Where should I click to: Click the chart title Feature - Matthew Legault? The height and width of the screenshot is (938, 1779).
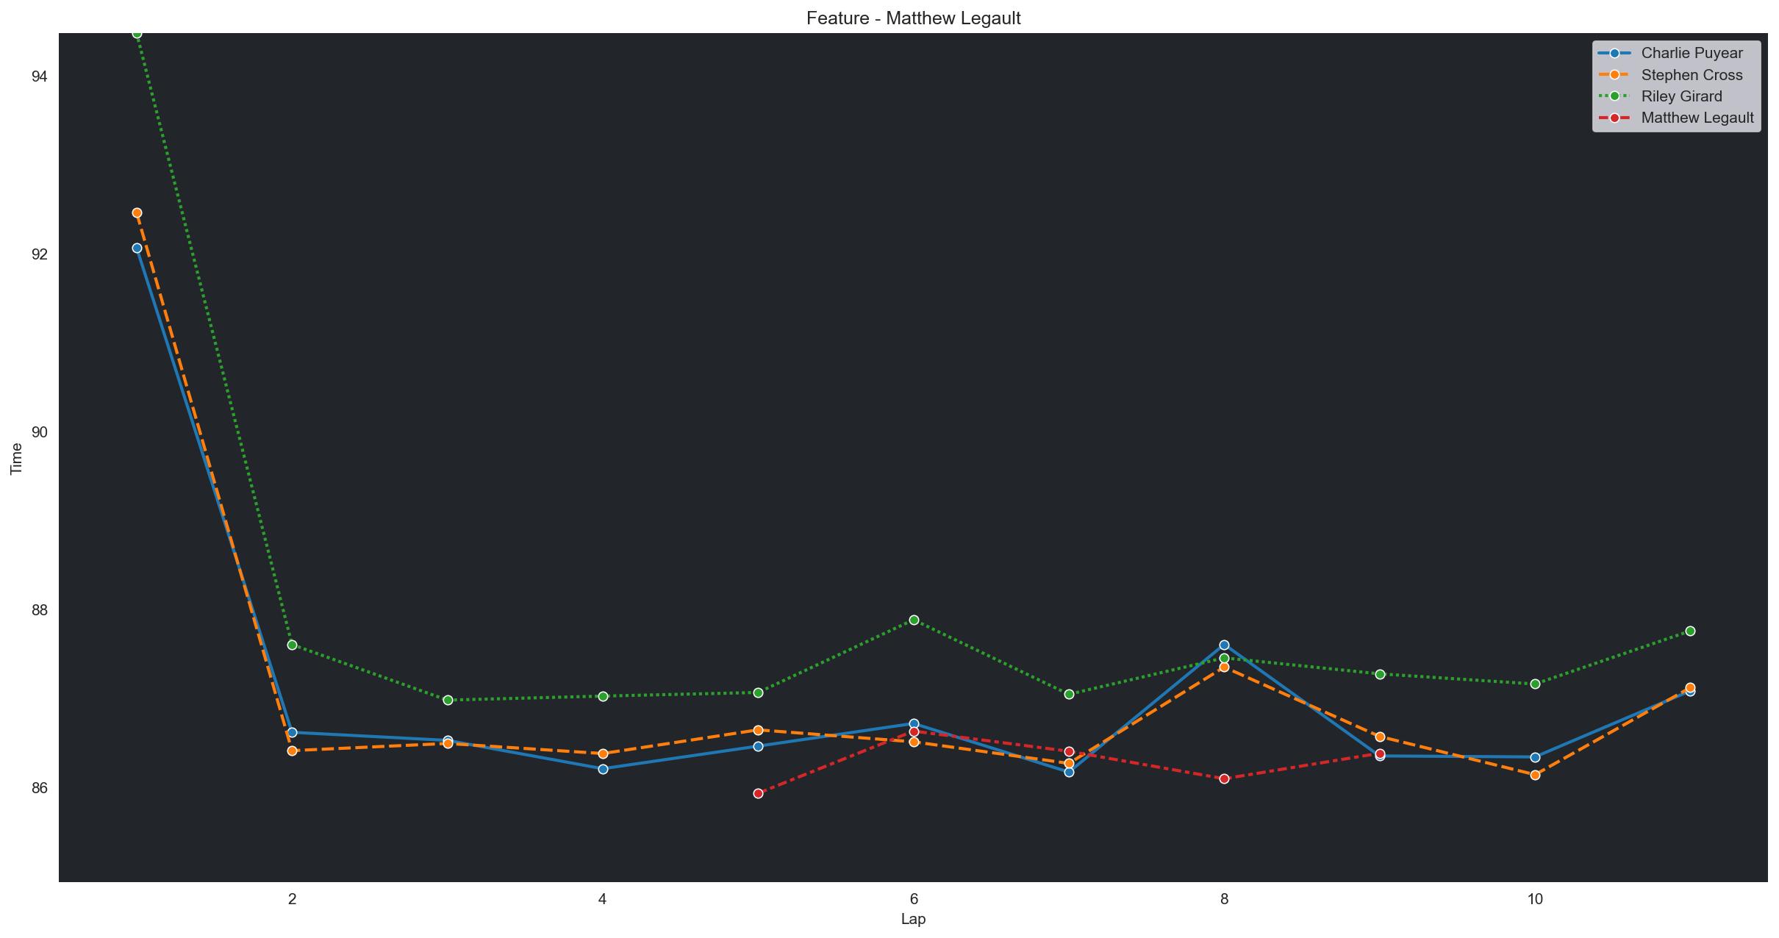tap(913, 18)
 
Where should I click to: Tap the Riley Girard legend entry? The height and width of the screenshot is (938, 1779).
tap(1681, 96)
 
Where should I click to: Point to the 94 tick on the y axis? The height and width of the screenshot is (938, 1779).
tap(40, 76)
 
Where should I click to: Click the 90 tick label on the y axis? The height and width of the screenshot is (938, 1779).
tap(40, 432)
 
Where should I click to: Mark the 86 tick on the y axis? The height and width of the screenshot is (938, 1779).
tap(40, 788)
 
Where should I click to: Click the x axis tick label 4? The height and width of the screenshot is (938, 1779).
tap(603, 898)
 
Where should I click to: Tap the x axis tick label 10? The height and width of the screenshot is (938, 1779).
tap(1535, 898)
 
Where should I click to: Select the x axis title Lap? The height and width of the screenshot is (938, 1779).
tap(913, 920)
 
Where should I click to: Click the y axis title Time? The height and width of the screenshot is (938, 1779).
tap(16, 457)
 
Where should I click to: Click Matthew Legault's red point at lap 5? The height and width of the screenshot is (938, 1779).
tap(758, 793)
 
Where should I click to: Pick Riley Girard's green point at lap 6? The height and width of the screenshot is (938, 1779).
tap(914, 620)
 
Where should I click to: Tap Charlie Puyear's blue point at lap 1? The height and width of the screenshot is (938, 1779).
tap(137, 248)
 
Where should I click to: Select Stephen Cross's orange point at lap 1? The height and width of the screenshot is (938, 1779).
tap(137, 213)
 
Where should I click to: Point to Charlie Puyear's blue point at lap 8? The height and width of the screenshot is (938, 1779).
tap(1224, 645)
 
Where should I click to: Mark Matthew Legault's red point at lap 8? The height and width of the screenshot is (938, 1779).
tap(1224, 778)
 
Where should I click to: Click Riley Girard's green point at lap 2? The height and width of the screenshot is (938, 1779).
tap(292, 645)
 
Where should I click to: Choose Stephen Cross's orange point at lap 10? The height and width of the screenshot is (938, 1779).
tap(1535, 775)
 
